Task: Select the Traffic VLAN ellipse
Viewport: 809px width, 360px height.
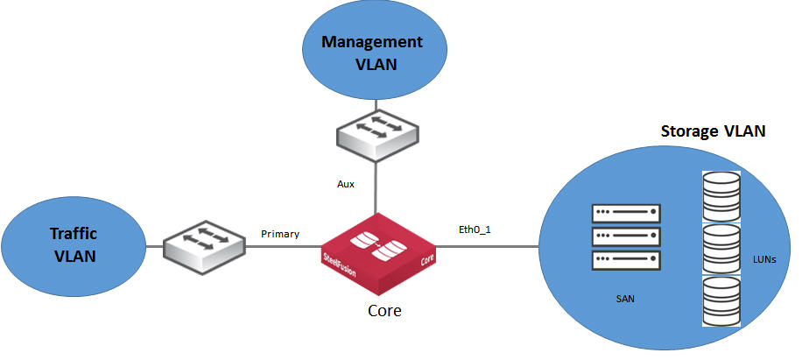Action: [74, 244]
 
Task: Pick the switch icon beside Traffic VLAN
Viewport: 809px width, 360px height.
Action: [205, 244]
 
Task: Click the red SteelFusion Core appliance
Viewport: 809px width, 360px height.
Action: [377, 255]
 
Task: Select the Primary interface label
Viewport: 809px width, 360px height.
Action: [280, 234]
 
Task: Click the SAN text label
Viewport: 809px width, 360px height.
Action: [624, 300]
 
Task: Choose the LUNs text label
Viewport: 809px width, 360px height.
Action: [764, 260]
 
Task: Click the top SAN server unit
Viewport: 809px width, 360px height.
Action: [625, 213]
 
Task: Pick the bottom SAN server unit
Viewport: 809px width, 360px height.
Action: [625, 260]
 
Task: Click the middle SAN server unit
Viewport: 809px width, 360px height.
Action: [625, 236]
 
